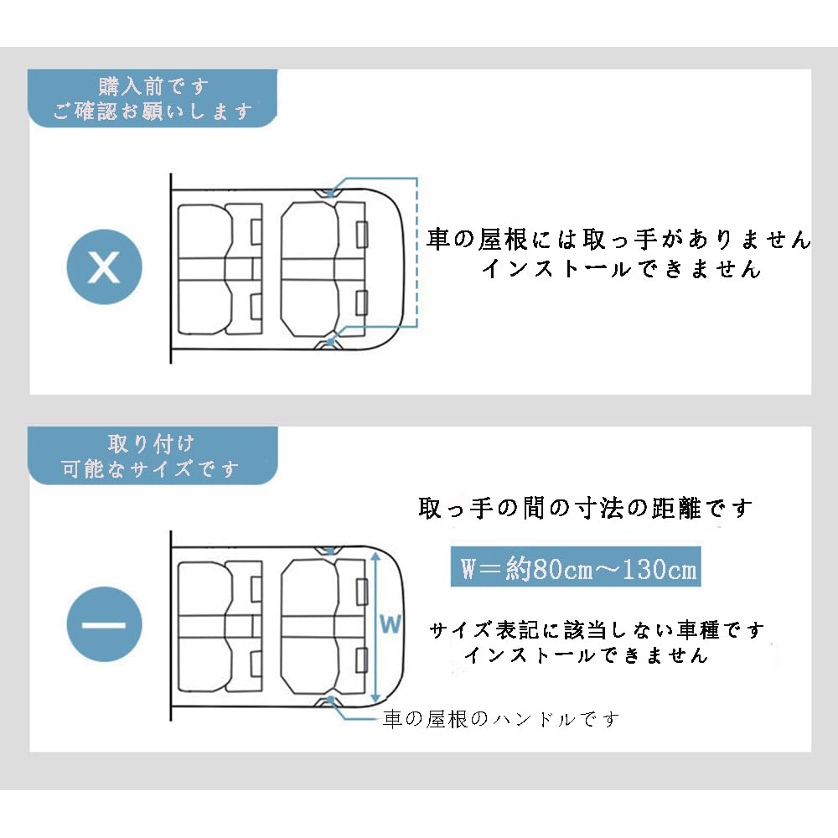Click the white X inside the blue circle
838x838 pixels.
[104, 266]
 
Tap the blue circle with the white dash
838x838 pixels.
[104, 624]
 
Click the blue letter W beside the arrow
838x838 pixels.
[391, 624]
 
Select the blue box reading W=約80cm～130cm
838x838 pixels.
[576, 566]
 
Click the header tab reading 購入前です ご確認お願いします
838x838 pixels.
[153, 98]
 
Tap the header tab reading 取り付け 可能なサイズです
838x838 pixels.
[153, 456]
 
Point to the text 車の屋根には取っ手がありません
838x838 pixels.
[619, 239]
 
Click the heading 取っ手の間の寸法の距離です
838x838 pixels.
[585, 508]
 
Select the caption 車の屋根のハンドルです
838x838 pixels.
[501, 719]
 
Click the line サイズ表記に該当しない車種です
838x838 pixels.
[597, 630]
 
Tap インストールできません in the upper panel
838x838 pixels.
[621, 268]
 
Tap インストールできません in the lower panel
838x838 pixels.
[587, 654]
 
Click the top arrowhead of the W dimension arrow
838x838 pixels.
[375, 556]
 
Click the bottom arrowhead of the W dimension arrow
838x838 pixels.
[375, 699]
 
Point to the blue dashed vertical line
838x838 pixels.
[416, 251]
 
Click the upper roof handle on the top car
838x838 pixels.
[328, 193]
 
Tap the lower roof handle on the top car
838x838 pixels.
[328, 344]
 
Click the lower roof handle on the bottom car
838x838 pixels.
[328, 701]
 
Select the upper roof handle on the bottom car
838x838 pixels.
[328, 551]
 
